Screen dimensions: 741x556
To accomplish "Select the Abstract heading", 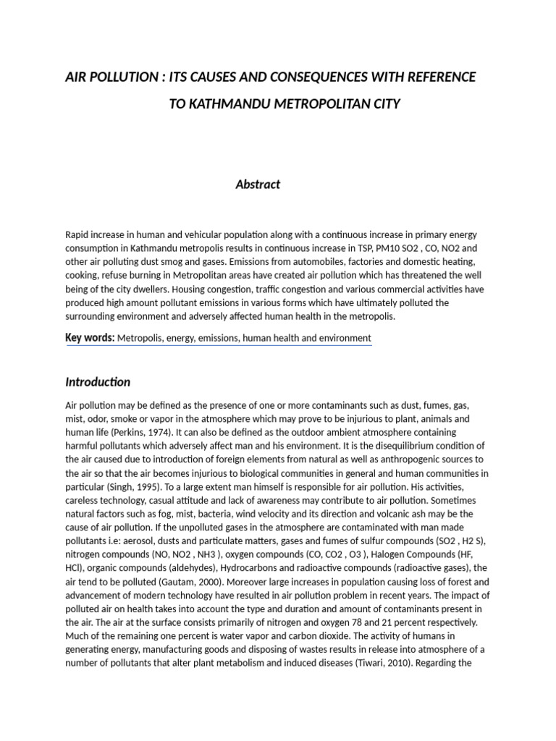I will tap(258, 185).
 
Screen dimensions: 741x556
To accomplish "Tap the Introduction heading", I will tap(98, 381).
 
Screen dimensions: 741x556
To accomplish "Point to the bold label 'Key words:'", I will tap(90, 337).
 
